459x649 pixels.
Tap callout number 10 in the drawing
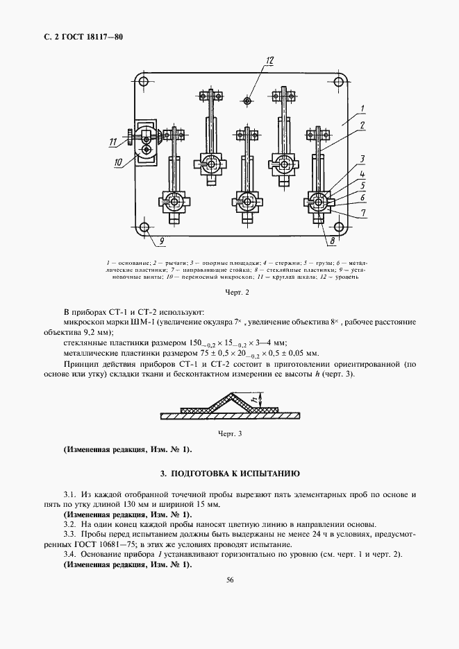click(x=117, y=162)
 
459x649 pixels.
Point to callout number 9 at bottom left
click(x=161, y=242)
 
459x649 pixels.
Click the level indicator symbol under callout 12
click(x=248, y=101)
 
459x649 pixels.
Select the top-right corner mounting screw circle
click(x=341, y=82)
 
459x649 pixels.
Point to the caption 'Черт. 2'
click(x=237, y=293)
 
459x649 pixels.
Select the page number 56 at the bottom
click(x=229, y=600)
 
